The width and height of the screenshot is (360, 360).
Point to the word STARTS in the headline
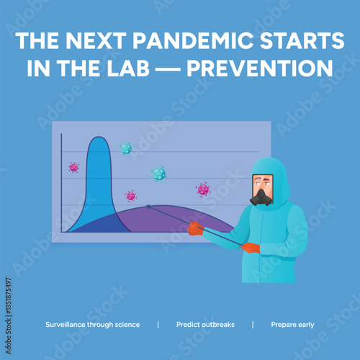click(303, 42)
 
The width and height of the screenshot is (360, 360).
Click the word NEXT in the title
click(96, 42)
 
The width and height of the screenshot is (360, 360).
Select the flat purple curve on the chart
click(180, 220)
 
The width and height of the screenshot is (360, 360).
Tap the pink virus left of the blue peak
click(73, 167)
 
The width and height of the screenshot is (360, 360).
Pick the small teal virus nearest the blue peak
click(126, 148)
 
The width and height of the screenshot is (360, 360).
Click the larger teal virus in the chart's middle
click(158, 174)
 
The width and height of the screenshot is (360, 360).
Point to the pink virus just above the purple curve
click(130, 196)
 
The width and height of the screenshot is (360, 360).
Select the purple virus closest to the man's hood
click(203, 189)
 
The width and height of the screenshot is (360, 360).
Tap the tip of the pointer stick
click(148, 206)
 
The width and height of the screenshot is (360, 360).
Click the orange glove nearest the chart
click(194, 228)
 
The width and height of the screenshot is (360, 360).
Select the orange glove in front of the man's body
click(250, 248)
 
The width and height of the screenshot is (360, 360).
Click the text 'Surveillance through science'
click(92, 325)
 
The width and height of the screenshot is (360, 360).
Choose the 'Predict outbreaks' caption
click(205, 325)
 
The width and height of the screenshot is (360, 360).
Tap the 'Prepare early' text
click(292, 325)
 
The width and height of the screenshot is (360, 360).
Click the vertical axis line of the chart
click(61, 184)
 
